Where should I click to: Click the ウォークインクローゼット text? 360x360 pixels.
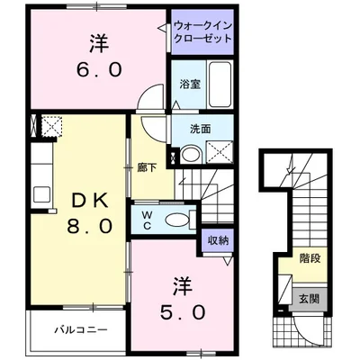[202, 34]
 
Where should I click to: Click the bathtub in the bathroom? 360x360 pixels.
[220, 85]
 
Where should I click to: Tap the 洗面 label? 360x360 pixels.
[200, 129]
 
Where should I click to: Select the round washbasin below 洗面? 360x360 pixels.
[188, 155]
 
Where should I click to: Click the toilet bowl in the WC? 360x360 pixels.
[179, 219]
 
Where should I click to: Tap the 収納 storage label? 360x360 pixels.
[218, 239]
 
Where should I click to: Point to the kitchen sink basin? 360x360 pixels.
[40, 193]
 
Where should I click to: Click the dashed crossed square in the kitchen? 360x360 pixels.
[49, 127]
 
